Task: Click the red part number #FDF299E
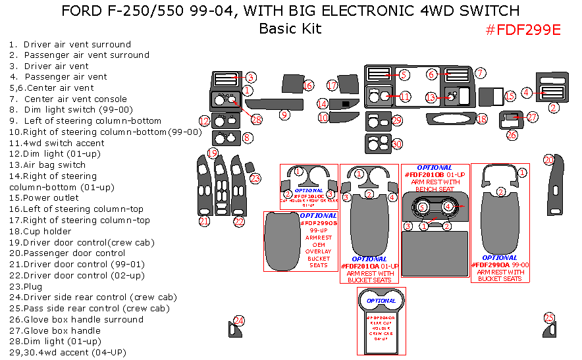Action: pos(523,30)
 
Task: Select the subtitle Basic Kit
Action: pos(290,28)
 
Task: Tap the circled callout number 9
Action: pos(284,115)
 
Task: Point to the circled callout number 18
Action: pos(481,119)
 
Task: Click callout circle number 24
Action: pos(240,321)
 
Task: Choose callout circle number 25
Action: pos(549,318)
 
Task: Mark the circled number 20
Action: pos(548,160)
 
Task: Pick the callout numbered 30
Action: pos(396,143)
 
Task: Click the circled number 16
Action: pos(308,86)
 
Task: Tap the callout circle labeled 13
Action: pos(430,97)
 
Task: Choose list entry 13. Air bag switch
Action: pos(47,165)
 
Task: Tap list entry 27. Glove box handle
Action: pos(55,330)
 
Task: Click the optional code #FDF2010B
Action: pos(425,174)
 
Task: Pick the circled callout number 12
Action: pos(205,120)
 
